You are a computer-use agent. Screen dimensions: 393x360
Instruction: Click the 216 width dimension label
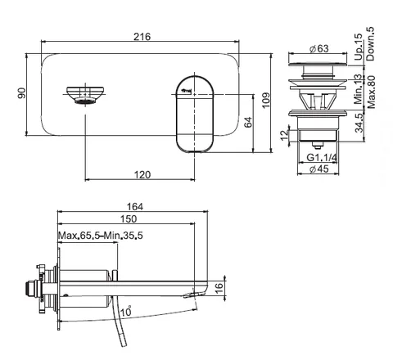(x=142, y=37)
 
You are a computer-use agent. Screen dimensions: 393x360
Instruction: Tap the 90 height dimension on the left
(x=22, y=93)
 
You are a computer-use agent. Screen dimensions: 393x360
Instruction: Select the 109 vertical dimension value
(x=265, y=101)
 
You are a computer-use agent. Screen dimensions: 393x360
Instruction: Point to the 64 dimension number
(x=248, y=122)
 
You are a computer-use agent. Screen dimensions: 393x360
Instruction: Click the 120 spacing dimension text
(x=142, y=174)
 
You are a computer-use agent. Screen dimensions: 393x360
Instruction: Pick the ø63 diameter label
(x=319, y=48)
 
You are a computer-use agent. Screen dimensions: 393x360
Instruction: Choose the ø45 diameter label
(x=319, y=169)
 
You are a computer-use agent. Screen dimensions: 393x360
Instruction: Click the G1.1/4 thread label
(x=322, y=157)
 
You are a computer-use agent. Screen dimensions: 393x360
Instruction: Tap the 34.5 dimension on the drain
(x=359, y=123)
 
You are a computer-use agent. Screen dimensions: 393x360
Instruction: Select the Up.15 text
(x=359, y=47)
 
